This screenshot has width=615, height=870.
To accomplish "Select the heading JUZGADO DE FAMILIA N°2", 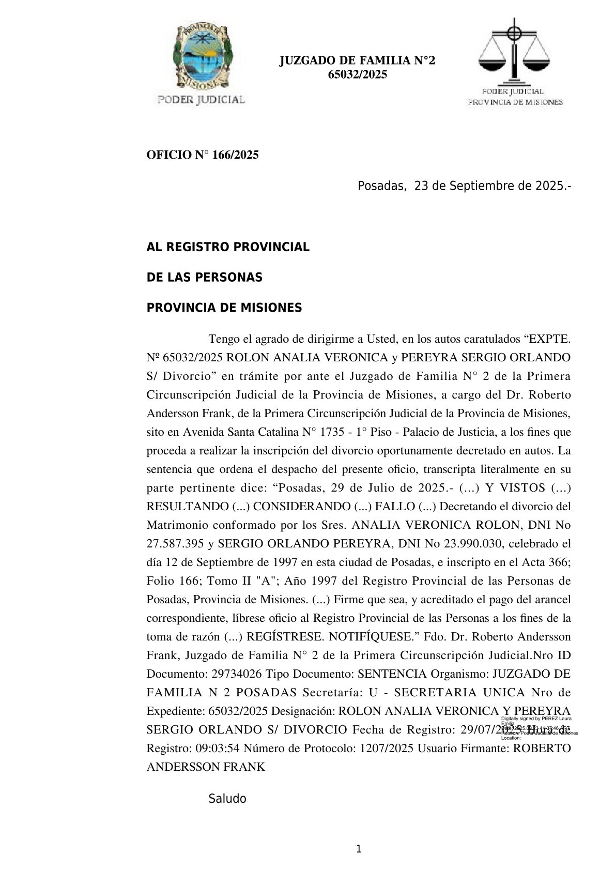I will (357, 61).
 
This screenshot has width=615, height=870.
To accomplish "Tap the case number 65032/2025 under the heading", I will (358, 74).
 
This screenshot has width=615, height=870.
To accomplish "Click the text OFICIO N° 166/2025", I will (203, 155).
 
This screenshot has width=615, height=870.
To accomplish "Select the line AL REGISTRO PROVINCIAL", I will (228, 247).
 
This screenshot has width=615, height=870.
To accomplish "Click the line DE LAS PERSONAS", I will (205, 278).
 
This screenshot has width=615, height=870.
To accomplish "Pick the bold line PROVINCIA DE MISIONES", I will (224, 308).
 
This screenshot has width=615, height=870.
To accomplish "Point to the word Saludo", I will (227, 799).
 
